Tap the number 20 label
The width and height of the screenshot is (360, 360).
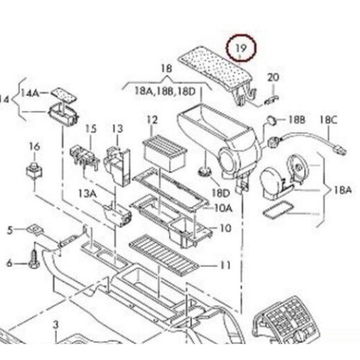click(x=274, y=77)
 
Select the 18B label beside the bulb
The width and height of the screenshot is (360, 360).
click(x=297, y=117)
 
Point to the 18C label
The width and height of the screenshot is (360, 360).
click(x=328, y=117)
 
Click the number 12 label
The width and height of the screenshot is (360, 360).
click(x=153, y=120)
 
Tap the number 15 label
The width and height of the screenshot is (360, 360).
click(x=91, y=129)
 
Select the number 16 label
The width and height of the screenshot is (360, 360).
click(x=34, y=147)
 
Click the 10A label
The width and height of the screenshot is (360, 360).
click(x=224, y=209)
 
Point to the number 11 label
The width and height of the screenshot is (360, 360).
click(x=225, y=265)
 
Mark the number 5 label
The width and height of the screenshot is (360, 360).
click(x=10, y=230)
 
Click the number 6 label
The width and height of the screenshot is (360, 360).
click(x=10, y=263)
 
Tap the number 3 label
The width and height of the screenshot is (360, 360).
click(x=55, y=326)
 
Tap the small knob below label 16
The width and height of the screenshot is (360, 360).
click(x=33, y=172)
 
